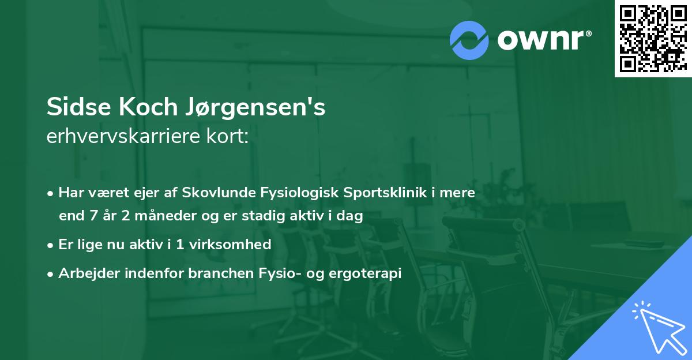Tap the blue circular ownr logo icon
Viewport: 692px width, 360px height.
coord(469,40)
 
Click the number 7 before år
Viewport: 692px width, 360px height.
coord(91,216)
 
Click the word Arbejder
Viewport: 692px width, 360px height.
coord(85,273)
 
